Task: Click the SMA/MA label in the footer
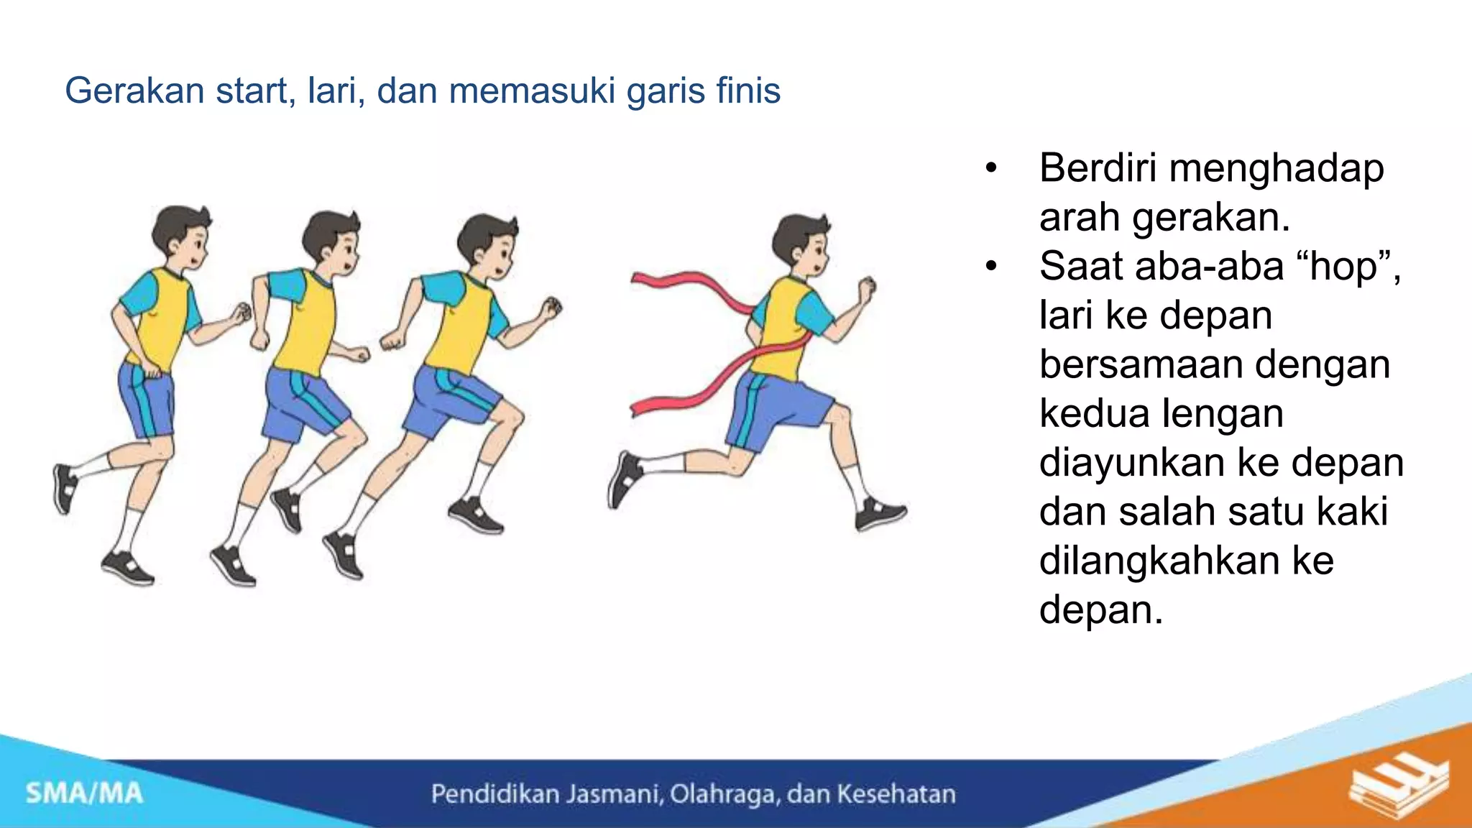84,793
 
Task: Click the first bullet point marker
992,169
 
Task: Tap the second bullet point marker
992,267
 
